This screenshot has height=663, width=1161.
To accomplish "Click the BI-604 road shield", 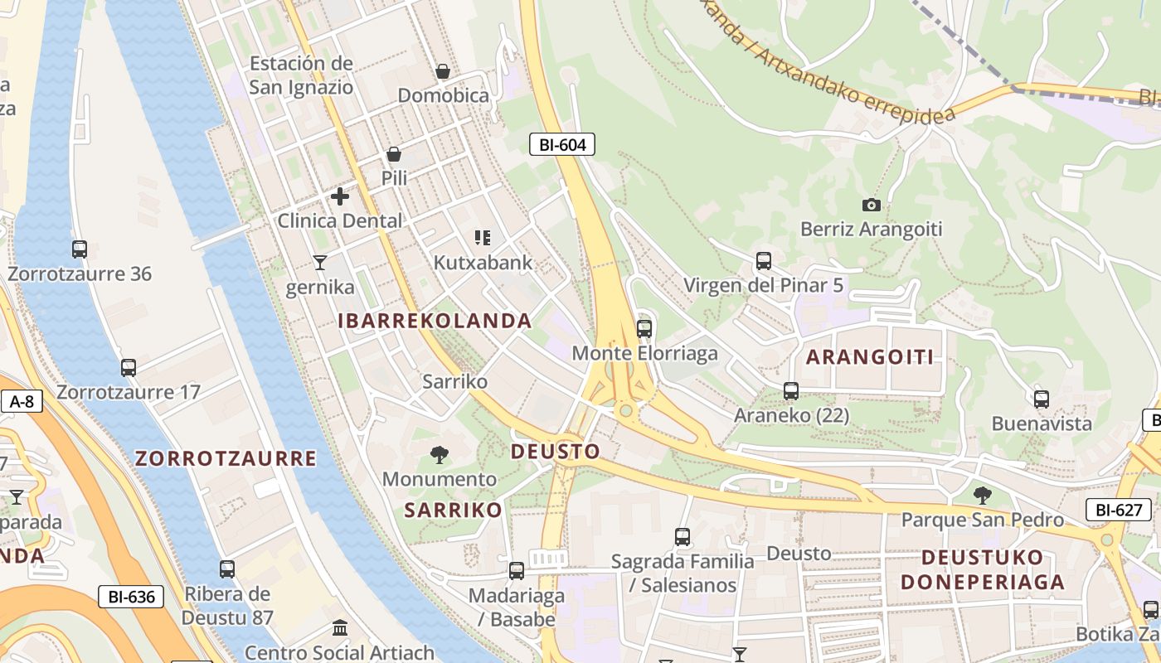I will [x=562, y=144].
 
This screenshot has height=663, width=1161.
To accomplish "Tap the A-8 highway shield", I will [x=22, y=402].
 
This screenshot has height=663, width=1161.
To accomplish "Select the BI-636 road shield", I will [x=131, y=596].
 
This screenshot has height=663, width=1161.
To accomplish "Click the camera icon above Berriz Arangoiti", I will [x=871, y=205].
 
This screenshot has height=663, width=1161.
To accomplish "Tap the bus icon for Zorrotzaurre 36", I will [x=80, y=249].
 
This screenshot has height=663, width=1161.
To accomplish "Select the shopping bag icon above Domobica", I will [x=443, y=71].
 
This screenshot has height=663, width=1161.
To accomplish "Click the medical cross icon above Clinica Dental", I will [x=340, y=196].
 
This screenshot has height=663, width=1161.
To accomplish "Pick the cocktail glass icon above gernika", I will [x=320, y=263].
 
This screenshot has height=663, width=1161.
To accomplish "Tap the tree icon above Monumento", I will [x=440, y=454].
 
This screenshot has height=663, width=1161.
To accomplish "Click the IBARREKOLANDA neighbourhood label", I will [x=435, y=321].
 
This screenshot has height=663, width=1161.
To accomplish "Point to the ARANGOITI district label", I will [x=870, y=357].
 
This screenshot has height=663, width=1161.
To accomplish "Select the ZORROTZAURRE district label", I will [x=226, y=458].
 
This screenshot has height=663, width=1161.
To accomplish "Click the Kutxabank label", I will [x=483, y=263].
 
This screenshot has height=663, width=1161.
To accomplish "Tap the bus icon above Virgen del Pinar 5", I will [x=764, y=261].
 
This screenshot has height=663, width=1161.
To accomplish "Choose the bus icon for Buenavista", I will [x=1042, y=399].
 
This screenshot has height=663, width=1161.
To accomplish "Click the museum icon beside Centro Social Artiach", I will [x=340, y=627].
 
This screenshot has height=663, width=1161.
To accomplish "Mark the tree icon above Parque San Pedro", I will [x=982, y=496].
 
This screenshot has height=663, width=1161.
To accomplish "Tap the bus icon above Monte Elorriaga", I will [x=644, y=328].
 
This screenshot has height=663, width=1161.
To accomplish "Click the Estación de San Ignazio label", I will [x=301, y=75].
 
